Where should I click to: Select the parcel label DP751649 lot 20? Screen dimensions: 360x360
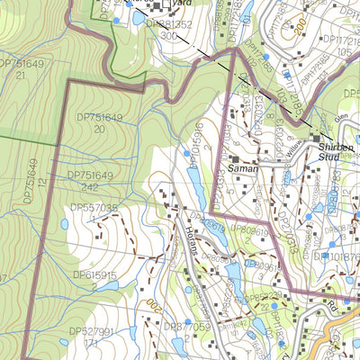(98, 123)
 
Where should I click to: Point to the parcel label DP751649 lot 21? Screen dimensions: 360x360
(22, 69)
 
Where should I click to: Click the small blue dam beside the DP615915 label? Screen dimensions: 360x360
(107, 286)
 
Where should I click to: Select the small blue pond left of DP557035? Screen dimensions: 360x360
(65, 223)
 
